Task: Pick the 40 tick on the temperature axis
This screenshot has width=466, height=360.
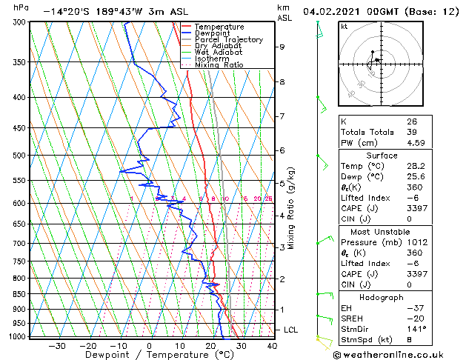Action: [x=272, y=345]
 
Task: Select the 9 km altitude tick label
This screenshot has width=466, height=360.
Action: [x=282, y=47]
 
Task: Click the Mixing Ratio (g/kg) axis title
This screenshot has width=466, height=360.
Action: [x=292, y=207]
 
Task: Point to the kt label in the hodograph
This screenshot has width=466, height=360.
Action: [x=344, y=27]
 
